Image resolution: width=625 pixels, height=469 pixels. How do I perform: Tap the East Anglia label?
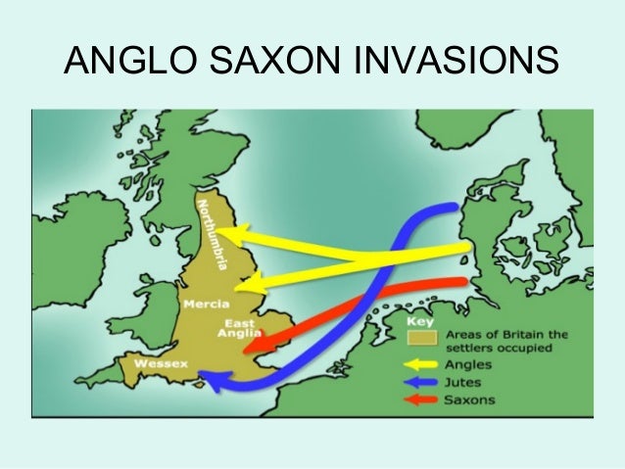coord(243,327)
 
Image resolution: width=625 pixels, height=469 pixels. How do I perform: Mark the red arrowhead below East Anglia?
coord(250,346)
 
